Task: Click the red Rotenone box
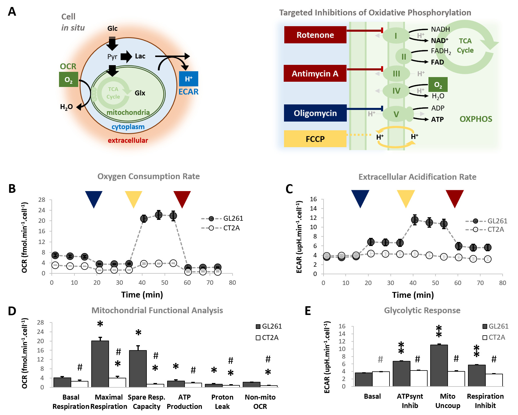pos(315,35)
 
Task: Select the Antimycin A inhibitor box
pos(315,74)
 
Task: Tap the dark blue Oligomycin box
pos(315,113)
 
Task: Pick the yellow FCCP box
pos(315,139)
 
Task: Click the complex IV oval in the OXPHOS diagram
pos(396,91)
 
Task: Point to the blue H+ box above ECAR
pos(188,79)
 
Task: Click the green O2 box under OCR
pos(68,80)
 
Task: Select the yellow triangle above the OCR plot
pos(133,198)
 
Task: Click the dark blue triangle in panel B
pos(94,198)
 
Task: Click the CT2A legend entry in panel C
pos(486,229)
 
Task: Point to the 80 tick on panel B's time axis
pos(232,282)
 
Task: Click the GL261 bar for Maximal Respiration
pos(100,364)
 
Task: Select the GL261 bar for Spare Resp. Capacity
pos(138,368)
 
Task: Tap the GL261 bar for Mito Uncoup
pos(439,365)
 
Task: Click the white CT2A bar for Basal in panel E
pos(381,379)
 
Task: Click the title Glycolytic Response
pos(422,310)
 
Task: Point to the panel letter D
pos(12,311)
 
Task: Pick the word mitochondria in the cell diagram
pos(128,112)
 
